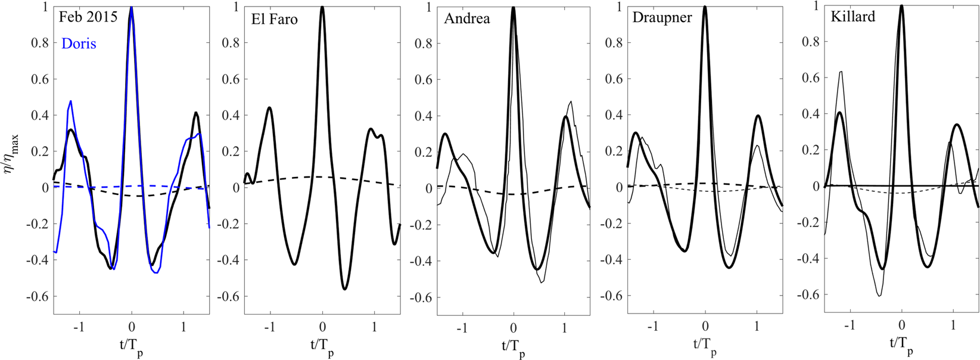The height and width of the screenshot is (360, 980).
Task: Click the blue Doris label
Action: pos(79,44)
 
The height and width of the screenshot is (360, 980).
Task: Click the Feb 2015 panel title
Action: pos(88,17)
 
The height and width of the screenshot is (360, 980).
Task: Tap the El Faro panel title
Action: pos(274,19)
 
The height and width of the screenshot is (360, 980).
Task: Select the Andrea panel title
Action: pos(467,18)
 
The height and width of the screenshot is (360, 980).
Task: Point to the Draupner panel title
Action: pos(662,17)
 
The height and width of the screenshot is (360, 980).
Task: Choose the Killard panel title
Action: pos(853,17)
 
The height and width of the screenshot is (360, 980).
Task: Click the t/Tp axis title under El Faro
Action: pos(322,346)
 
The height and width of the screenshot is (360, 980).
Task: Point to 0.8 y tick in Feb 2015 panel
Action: pos(40,42)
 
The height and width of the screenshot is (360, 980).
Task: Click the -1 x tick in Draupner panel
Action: pos(653,327)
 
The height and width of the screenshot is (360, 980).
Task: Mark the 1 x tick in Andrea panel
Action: pos(564,327)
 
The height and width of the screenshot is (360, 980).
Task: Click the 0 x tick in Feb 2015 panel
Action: pos(132,327)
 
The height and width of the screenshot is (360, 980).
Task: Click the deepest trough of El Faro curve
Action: pos(344,289)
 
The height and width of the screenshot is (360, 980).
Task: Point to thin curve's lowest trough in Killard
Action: pos(879,295)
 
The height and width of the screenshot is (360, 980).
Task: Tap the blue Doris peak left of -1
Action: pos(71,101)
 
